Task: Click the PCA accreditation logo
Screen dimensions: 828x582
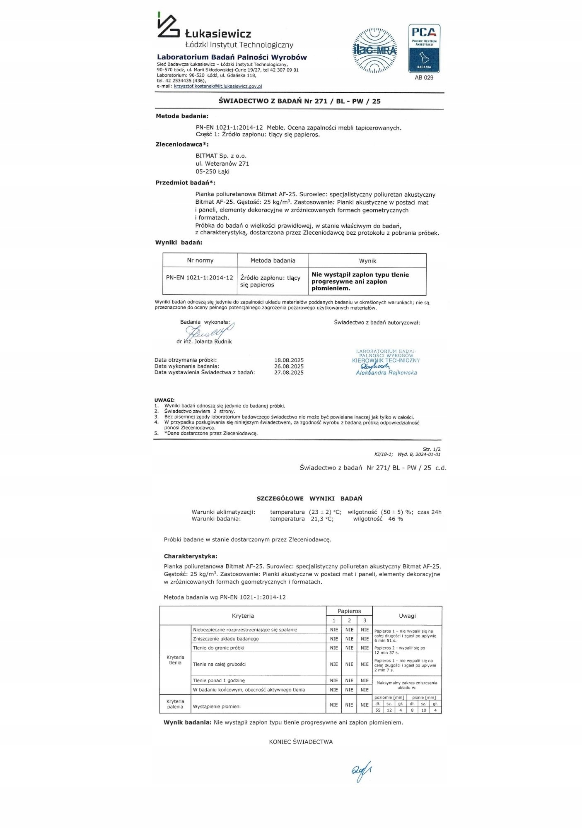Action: point(424,48)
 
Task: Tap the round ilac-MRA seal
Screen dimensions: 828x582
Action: point(375,51)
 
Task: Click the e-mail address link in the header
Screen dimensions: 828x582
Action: point(218,87)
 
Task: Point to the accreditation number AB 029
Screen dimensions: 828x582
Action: point(424,78)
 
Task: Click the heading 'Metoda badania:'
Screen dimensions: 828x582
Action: point(182,116)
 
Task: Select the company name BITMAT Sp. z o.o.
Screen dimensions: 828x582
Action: point(221,156)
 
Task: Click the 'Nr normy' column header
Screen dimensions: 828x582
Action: point(200,260)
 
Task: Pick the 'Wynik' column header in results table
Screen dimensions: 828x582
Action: point(367,261)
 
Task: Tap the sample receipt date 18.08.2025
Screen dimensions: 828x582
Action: point(289,360)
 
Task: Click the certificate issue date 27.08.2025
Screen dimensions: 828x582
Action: point(289,373)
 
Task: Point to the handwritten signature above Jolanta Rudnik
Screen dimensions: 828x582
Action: point(209,331)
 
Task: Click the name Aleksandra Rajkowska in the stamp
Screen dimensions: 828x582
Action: point(386,373)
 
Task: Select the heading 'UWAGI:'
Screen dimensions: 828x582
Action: point(164,400)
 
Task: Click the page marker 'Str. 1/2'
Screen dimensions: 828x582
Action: point(432,449)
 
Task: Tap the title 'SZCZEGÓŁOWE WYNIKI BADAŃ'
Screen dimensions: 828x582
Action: point(309,498)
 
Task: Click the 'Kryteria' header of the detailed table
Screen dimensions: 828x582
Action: point(243,616)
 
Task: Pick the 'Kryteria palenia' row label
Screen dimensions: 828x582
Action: point(175,704)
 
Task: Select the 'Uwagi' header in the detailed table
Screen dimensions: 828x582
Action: point(407,616)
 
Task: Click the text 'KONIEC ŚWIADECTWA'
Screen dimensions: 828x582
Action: point(301,742)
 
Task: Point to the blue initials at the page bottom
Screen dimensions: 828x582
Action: point(361,771)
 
